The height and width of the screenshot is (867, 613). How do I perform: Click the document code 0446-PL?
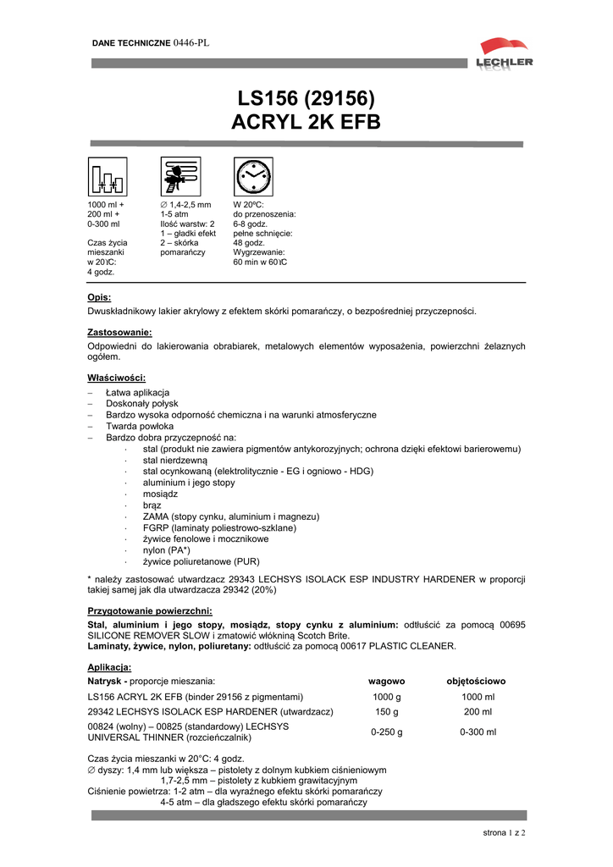pyautogui.click(x=191, y=41)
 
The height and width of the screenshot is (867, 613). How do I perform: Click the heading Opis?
pyautogui.click(x=99, y=297)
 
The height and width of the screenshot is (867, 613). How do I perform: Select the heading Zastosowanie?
pyautogui.click(x=119, y=333)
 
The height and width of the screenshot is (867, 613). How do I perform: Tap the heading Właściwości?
pyautogui.click(x=116, y=378)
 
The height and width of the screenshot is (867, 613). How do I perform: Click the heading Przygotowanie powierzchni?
pyautogui.click(x=149, y=610)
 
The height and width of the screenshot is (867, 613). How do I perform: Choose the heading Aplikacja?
pyautogui.click(x=109, y=667)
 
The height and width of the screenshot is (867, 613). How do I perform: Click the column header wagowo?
pyautogui.click(x=386, y=681)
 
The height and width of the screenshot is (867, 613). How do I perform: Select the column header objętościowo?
pyautogui.click(x=476, y=681)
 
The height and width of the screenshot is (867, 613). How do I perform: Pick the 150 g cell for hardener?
pyautogui.click(x=386, y=711)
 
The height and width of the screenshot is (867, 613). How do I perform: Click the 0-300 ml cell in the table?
pyautogui.click(x=478, y=732)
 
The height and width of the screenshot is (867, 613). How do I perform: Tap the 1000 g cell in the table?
pyautogui.click(x=386, y=697)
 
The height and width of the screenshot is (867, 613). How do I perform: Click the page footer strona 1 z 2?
pyautogui.click(x=504, y=833)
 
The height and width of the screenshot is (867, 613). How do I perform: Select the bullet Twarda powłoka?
pyautogui.click(x=140, y=427)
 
